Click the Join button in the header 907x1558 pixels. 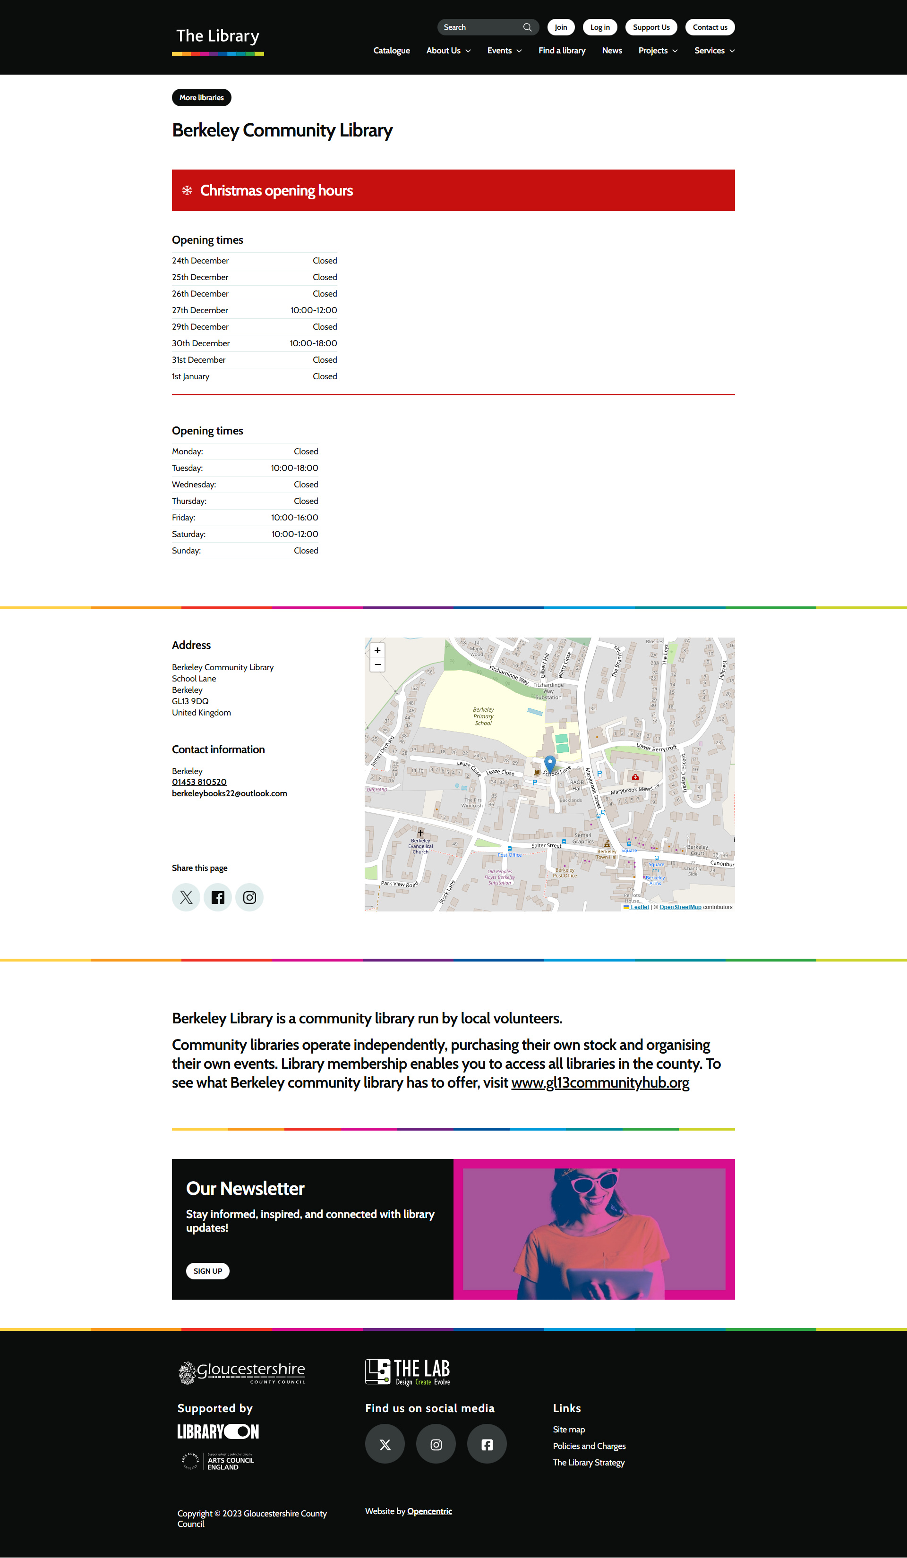[560, 27]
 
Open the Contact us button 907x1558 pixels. [709, 27]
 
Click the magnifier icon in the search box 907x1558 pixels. [527, 27]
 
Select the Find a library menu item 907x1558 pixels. [561, 51]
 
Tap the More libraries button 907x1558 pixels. [202, 98]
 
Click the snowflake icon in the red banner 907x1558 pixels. [187, 190]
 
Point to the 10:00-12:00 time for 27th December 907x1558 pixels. [314, 310]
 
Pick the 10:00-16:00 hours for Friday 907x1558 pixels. [294, 518]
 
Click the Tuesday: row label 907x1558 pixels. [188, 468]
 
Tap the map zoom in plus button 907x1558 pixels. [377, 650]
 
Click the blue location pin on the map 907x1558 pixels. [550, 763]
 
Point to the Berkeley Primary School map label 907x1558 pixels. [483, 716]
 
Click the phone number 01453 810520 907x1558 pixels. [199, 782]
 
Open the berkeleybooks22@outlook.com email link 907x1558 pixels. [230, 793]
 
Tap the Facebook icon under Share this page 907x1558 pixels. [218, 897]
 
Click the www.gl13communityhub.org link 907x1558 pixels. [600, 1082]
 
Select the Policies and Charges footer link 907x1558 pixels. [589, 1446]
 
